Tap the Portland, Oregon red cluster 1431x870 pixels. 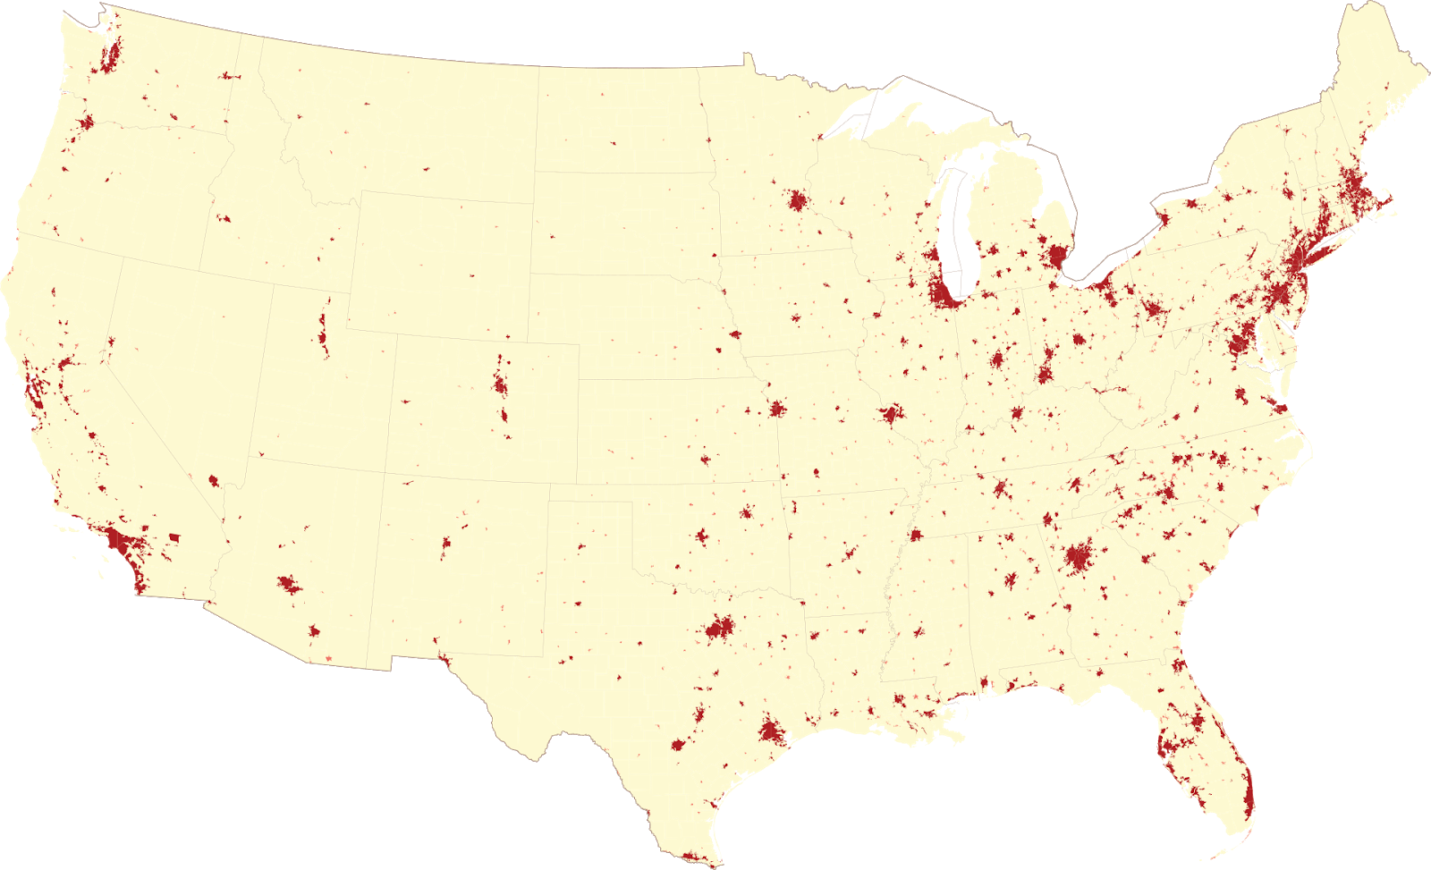point(87,122)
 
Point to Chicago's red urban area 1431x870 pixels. point(943,291)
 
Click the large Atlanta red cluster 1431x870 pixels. point(1079,559)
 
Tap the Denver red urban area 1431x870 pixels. point(500,386)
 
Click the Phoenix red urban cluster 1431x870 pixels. point(288,585)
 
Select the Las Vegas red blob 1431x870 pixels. point(214,480)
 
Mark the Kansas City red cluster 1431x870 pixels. point(776,410)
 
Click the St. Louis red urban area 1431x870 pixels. point(891,414)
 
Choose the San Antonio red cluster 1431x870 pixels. point(680,743)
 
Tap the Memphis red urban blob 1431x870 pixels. point(915,536)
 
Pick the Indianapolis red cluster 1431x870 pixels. point(997,360)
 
